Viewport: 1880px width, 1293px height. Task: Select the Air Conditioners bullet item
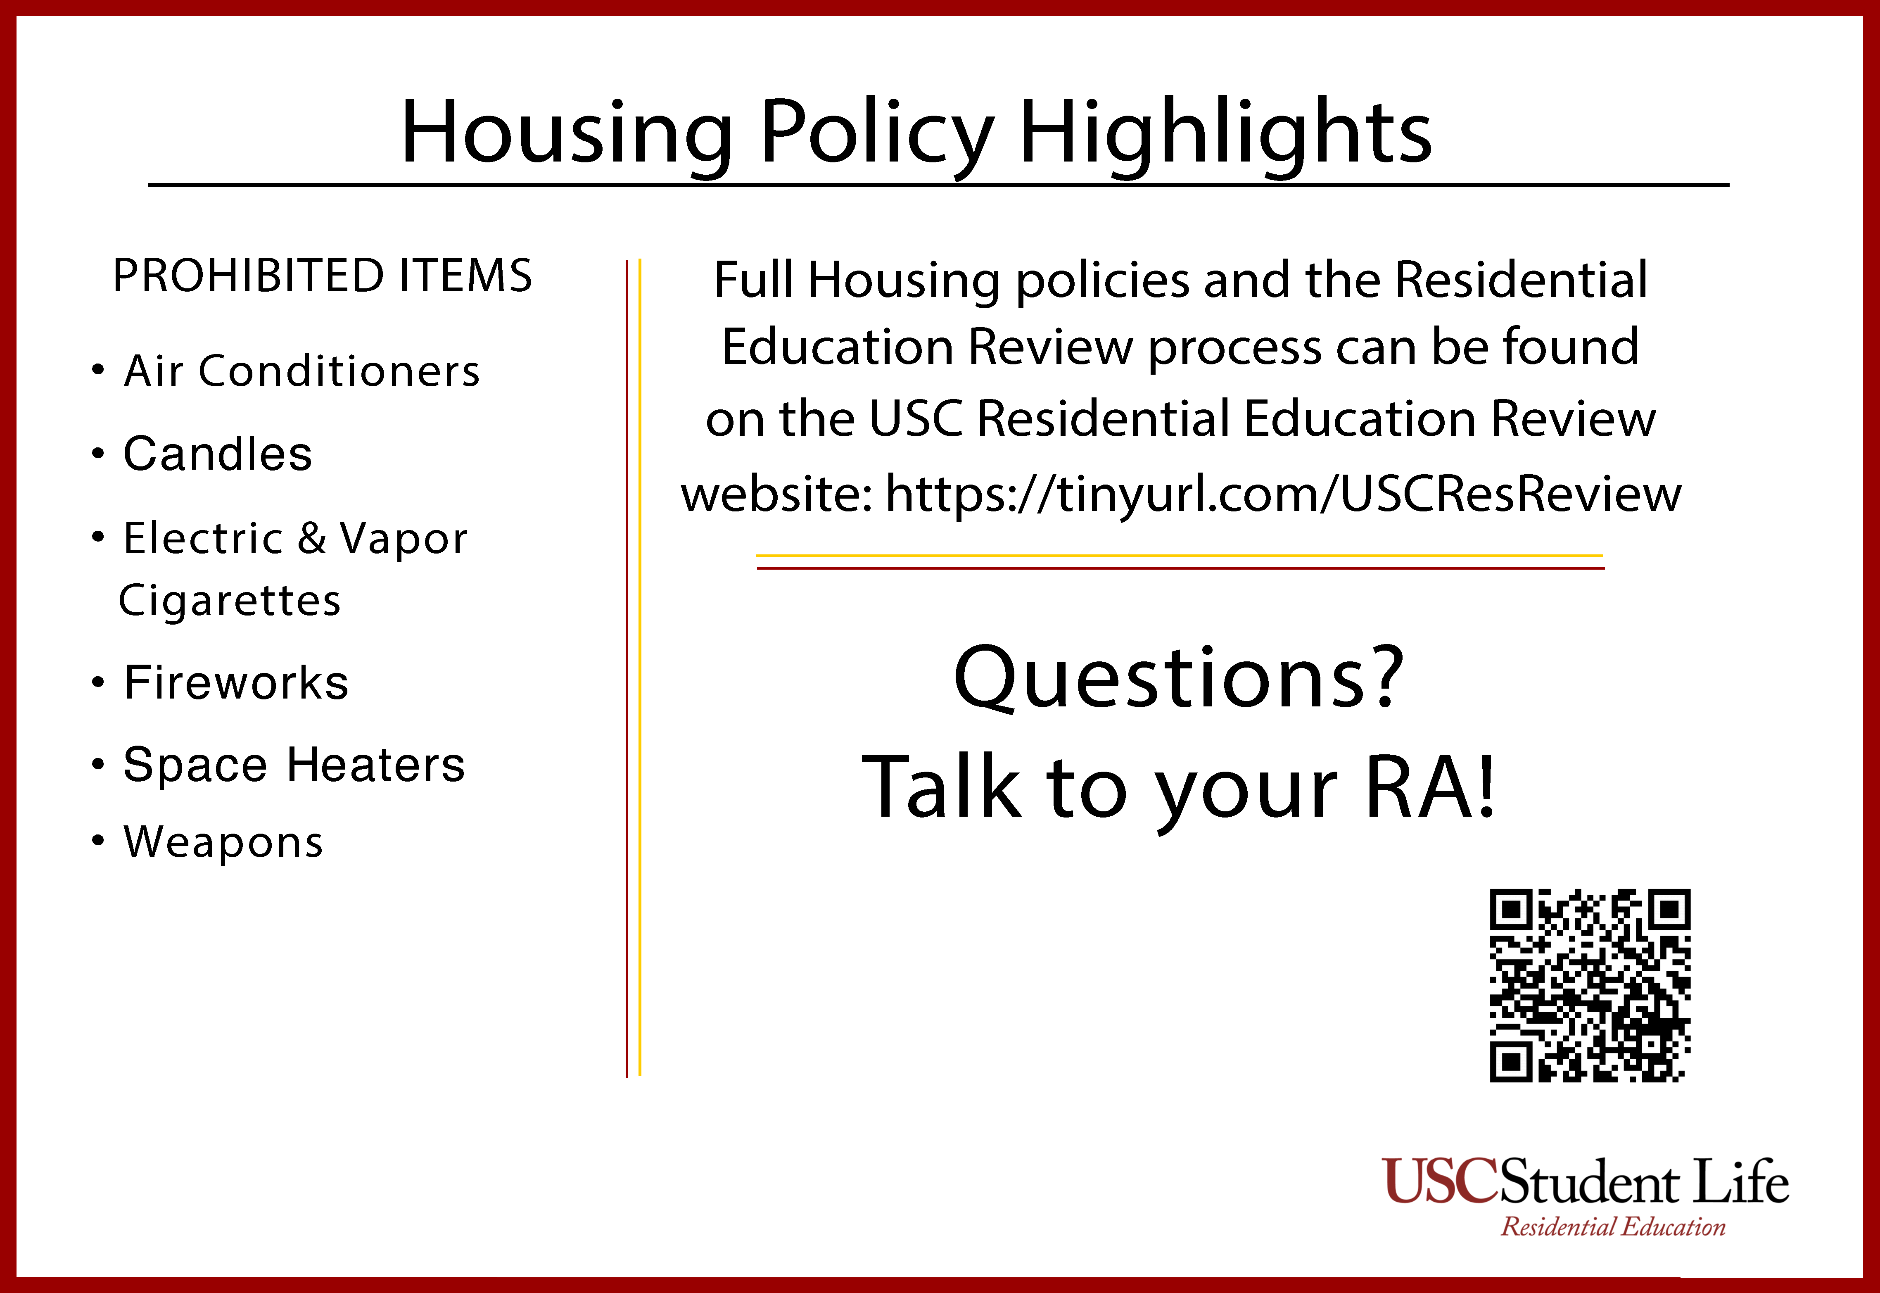[301, 371]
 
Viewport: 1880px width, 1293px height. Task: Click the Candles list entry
[217, 454]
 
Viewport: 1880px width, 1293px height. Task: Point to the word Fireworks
[236, 682]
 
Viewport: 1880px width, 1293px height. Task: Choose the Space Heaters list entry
[294, 765]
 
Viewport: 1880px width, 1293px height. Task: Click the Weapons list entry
[223, 842]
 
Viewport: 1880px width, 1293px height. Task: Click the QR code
[1589, 985]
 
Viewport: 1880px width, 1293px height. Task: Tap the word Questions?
[1179, 677]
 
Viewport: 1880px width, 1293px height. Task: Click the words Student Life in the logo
[1644, 1182]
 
